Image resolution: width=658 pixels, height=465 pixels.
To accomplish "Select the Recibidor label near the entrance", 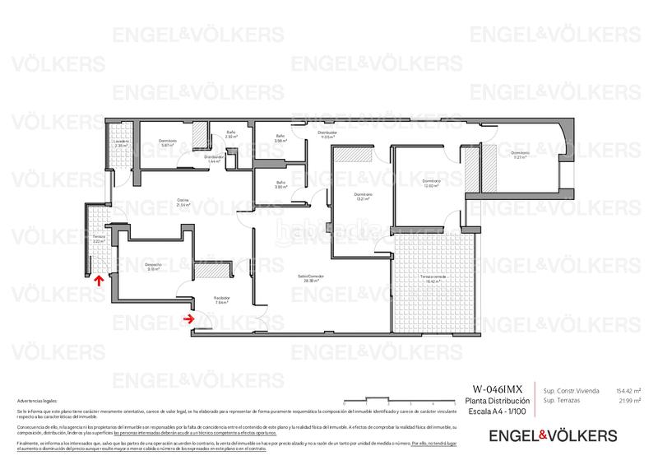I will click(222, 300).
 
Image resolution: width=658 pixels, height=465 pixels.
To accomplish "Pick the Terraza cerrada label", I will click(432, 278).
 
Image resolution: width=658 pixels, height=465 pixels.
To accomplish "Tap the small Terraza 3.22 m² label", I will click(100, 239).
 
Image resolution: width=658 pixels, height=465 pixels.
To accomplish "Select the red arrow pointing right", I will click(189, 317).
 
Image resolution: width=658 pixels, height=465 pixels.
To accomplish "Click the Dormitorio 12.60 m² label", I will click(433, 184).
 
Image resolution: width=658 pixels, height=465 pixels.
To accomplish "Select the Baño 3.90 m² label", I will click(280, 184).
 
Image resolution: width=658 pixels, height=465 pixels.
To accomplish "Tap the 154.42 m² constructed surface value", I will click(629, 390).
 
